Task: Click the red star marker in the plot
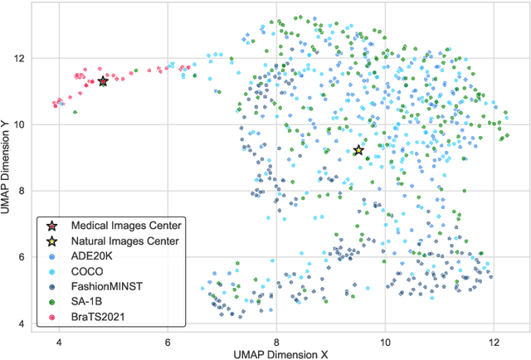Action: pos(103,81)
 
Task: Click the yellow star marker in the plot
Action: pos(358,150)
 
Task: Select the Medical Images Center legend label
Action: pos(126,225)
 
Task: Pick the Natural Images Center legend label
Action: pos(125,241)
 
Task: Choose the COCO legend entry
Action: pos(87,272)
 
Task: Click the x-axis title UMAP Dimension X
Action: pos(276,353)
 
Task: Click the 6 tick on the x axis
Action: pos(168,341)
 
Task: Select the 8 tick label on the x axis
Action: pos(276,341)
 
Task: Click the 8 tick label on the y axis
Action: pos(19,191)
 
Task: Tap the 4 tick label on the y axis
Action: pos(19,324)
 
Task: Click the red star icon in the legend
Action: pos(52,225)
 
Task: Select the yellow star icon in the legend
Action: pos(52,241)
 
